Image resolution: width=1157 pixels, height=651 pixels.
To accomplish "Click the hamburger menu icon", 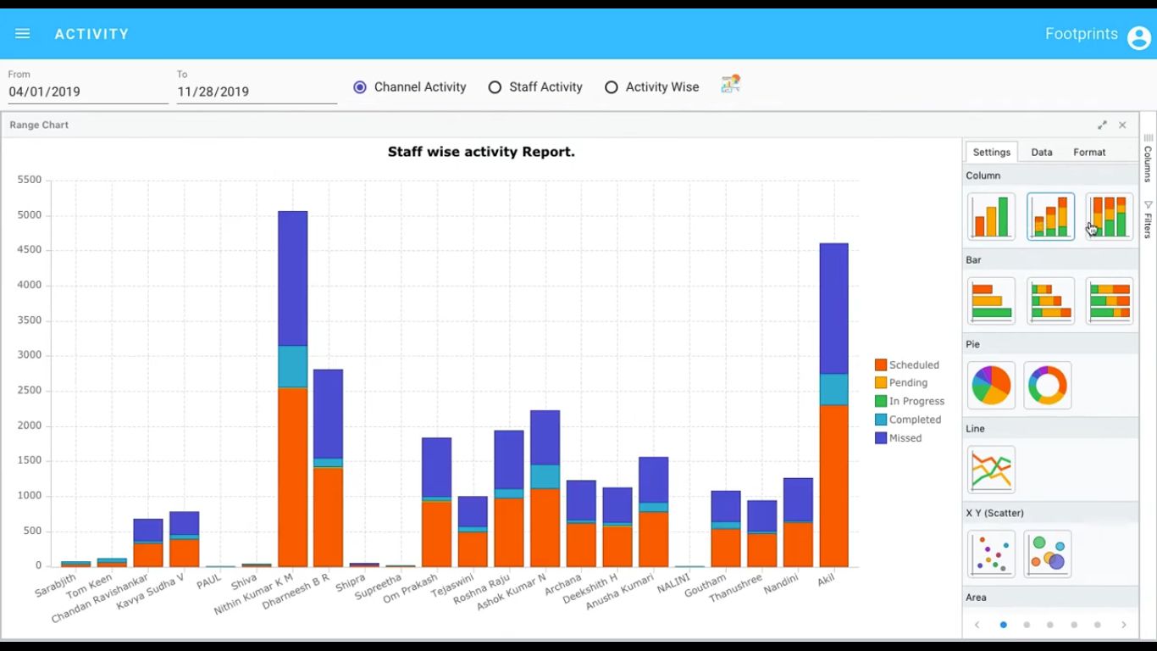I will tap(23, 34).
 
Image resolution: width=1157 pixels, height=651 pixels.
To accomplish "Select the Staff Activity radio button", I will tap(495, 87).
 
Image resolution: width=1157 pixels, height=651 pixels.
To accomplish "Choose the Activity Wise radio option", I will tap(612, 87).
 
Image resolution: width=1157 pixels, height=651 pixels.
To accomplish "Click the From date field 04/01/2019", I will tap(87, 92).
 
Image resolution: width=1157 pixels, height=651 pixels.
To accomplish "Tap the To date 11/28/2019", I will tap(256, 92).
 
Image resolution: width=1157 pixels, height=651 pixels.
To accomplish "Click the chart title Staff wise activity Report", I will tap(481, 153).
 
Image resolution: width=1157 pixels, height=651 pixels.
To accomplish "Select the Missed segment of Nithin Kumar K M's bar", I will tap(293, 278).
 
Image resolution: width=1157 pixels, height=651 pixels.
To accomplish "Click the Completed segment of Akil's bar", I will tap(833, 389).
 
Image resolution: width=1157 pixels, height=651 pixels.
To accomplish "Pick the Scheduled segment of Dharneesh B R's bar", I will tap(328, 516).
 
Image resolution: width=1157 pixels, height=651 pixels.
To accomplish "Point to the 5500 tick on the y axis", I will tap(30, 180).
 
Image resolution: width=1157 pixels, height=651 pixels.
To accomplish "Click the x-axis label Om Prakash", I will tap(411, 589).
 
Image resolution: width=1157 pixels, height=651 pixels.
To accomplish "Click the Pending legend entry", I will tap(908, 383).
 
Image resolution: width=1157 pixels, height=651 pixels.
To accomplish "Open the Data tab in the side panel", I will tap(1042, 153).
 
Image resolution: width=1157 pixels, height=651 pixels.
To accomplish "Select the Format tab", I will tap(1089, 153).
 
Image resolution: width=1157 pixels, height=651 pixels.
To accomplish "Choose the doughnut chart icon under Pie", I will tap(1048, 386).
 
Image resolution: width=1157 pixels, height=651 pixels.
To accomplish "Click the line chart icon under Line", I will tap(991, 470).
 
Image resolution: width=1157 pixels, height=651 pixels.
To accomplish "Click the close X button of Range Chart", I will tap(1122, 125).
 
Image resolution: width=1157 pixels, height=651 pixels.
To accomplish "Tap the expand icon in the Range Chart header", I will tap(1102, 125).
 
